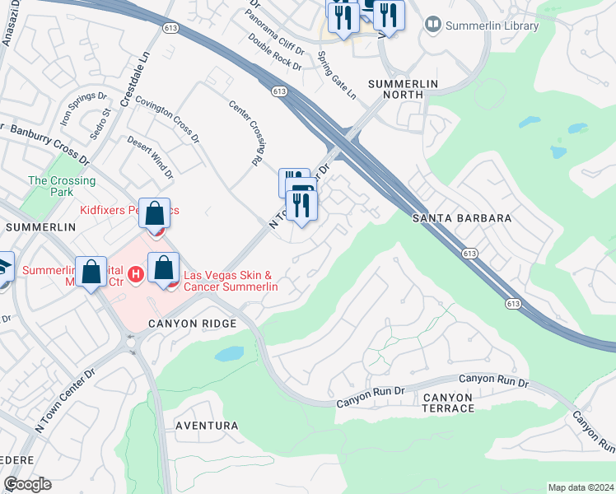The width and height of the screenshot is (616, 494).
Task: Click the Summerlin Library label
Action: click(492, 26)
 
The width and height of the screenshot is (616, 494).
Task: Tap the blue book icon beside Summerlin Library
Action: click(432, 26)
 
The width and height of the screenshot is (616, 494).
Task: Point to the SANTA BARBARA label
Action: click(463, 218)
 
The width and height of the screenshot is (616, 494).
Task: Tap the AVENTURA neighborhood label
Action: click(207, 426)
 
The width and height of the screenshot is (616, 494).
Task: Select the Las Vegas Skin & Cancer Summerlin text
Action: click(230, 281)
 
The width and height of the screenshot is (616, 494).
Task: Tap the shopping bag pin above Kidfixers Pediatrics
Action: click(154, 215)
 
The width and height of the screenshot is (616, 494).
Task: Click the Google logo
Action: click(27, 484)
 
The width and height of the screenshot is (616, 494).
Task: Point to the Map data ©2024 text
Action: click(581, 487)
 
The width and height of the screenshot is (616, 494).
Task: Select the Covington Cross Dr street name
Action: click(168, 119)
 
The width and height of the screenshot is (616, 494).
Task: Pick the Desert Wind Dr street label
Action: click(150, 157)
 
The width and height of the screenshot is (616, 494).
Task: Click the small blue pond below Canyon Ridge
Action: click(229, 354)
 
